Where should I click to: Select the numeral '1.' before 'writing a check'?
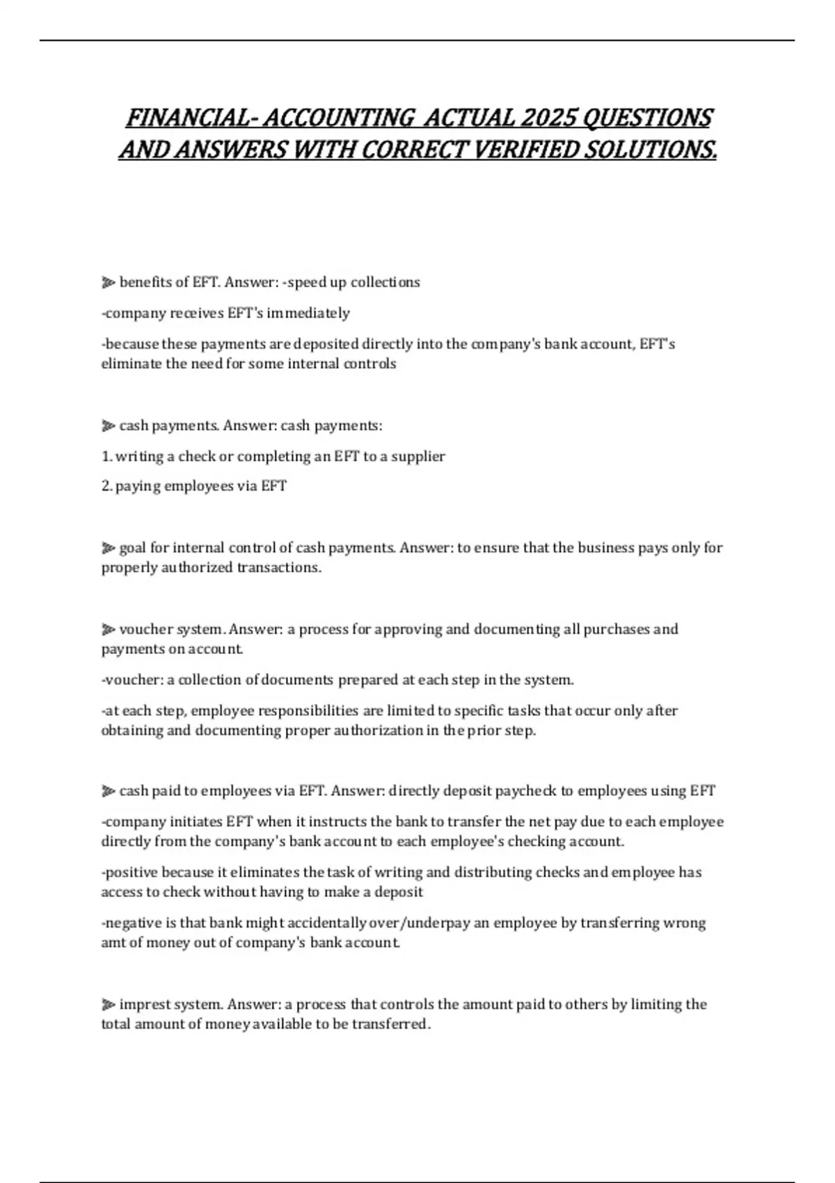106,456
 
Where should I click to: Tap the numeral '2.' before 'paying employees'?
106,486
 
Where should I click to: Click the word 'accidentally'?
327,923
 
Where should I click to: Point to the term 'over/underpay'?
420,923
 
